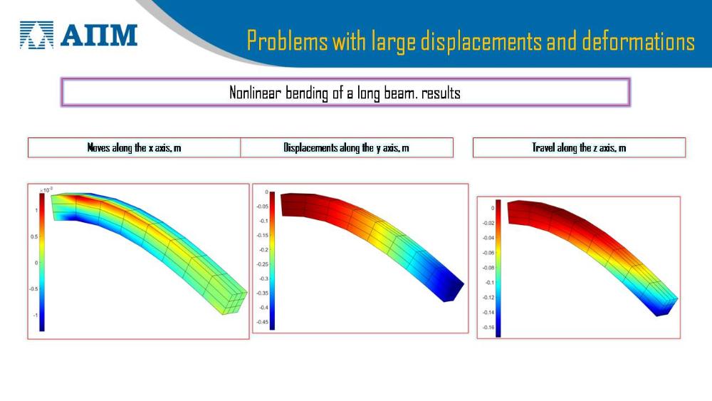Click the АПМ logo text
click(x=99, y=36)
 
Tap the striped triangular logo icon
click(x=36, y=35)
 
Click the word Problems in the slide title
click(x=287, y=41)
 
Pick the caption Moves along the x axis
click(x=134, y=147)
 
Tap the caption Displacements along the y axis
click(x=346, y=147)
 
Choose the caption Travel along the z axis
click(x=579, y=147)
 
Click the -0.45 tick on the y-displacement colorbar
click(x=263, y=322)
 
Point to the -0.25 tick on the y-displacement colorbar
click(x=263, y=264)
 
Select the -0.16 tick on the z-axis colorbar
click(x=488, y=328)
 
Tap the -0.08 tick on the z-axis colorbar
click(x=488, y=268)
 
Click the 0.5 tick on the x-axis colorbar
click(x=34, y=236)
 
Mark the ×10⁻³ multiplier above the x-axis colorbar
click(x=46, y=190)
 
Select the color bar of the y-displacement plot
click(x=272, y=261)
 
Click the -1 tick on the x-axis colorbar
click(x=35, y=315)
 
